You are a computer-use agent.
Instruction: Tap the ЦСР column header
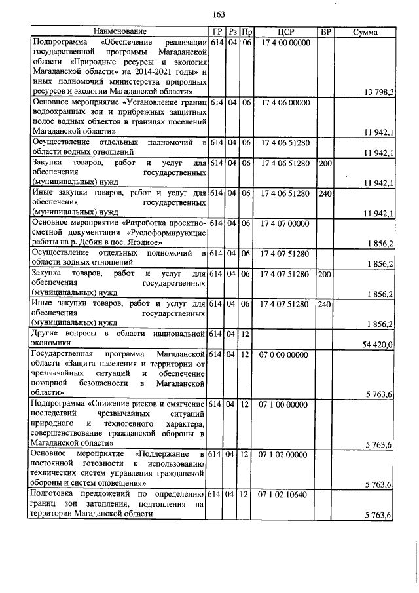(x=283, y=31)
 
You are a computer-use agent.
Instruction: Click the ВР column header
(x=325, y=31)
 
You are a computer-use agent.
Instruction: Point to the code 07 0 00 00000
(x=283, y=355)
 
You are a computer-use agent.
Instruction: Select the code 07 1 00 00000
(x=283, y=405)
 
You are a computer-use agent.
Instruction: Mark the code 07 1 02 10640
(x=283, y=494)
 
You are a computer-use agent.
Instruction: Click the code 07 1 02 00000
(x=283, y=454)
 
